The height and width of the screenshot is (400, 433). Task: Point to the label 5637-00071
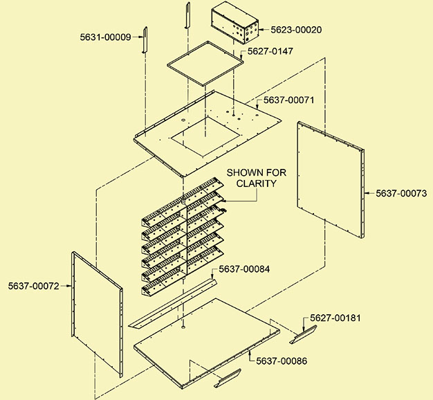[286, 100]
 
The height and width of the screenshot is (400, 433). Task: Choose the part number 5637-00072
[36, 285]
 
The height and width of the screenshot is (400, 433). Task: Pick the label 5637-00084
[246, 269]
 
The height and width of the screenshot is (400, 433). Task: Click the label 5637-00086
[282, 361]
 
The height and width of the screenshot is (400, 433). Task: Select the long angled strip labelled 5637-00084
[173, 302]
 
